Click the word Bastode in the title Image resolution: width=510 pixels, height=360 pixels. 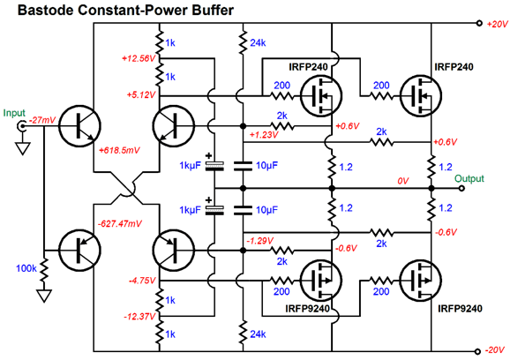(45, 10)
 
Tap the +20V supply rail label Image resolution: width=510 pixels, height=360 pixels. (497, 25)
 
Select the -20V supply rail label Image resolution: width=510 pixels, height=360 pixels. (496, 350)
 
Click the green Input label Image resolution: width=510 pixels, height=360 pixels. (14, 113)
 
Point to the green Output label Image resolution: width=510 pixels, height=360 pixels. (469, 178)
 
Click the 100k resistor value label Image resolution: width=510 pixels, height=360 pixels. (26, 268)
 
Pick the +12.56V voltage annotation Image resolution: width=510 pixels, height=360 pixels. (139, 58)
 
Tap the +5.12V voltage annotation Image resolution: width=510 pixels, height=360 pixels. (141, 95)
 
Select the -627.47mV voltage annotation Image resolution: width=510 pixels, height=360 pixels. (120, 224)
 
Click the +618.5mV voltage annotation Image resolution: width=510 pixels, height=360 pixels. (119, 150)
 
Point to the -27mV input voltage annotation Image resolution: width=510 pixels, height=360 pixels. (42, 120)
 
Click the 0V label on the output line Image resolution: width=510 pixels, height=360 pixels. (403, 181)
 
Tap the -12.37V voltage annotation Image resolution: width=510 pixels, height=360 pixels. (139, 317)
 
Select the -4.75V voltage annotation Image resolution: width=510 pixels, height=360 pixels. (142, 281)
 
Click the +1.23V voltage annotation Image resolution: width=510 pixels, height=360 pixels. (264, 135)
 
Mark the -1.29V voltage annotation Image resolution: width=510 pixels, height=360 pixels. (260, 241)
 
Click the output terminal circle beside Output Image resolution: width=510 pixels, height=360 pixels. (461, 188)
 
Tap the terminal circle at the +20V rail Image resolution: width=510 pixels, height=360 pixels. (479, 23)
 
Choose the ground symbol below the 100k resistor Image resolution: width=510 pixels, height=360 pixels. (44, 296)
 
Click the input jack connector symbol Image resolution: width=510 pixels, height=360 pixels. (22, 126)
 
